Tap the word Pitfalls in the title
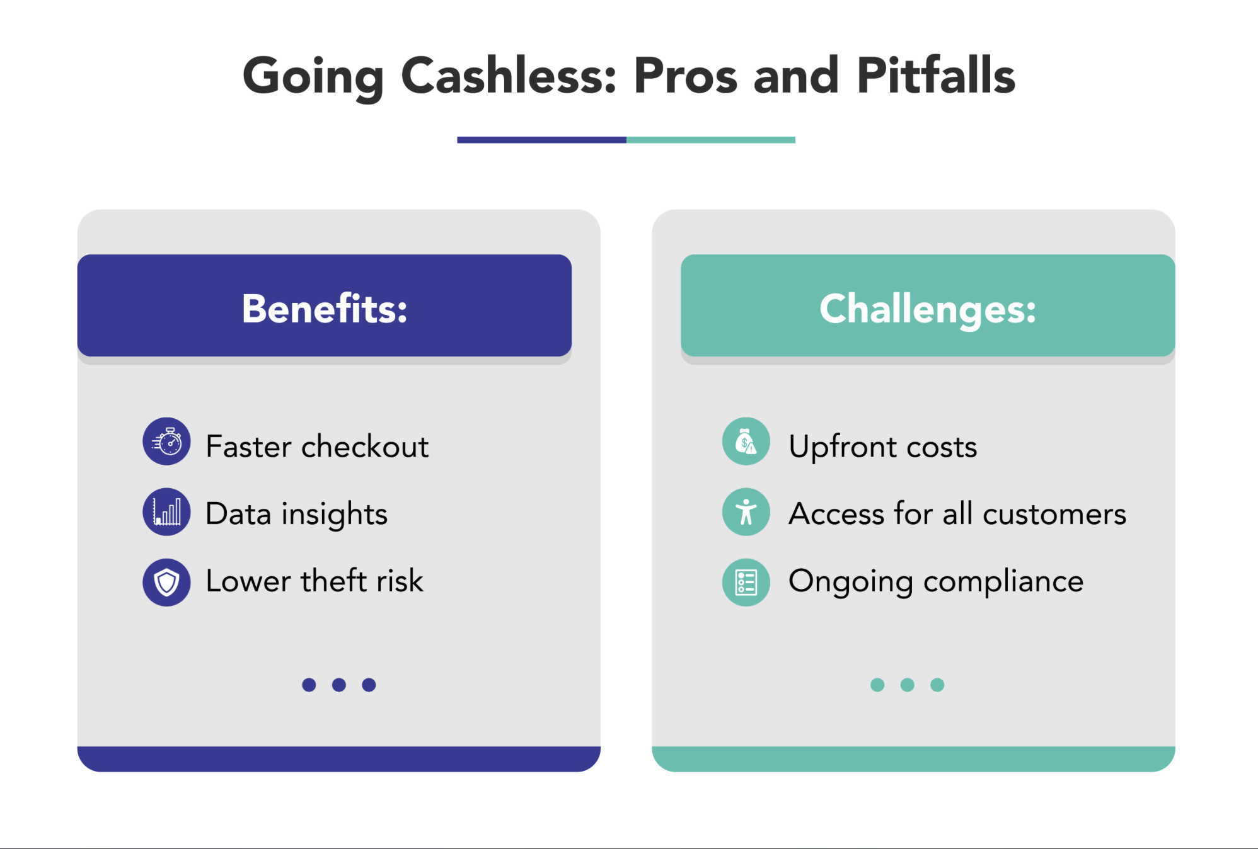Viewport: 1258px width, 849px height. pos(936,75)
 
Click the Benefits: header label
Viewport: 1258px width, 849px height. pos(325,309)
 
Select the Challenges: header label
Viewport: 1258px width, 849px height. pos(928,310)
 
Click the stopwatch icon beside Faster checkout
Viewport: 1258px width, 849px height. pos(166,442)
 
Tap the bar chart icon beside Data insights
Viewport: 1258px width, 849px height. pos(166,512)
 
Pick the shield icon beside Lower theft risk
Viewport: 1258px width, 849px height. pos(166,583)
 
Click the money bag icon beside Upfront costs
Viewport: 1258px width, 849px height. pos(746,442)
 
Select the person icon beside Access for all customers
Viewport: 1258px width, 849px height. pos(746,512)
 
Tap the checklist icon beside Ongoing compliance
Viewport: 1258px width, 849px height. pos(746,583)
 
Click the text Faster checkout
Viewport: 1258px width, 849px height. pos(318,447)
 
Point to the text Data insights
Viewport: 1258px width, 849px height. pos(297,515)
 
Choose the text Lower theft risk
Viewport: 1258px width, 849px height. pos(314,580)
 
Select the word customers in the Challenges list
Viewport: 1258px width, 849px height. pos(1054,514)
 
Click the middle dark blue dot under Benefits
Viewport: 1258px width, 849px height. pos(339,685)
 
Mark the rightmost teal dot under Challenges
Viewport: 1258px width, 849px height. pos(937,685)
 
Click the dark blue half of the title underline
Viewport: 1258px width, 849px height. pos(542,140)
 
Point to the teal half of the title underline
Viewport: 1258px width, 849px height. pos(711,140)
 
